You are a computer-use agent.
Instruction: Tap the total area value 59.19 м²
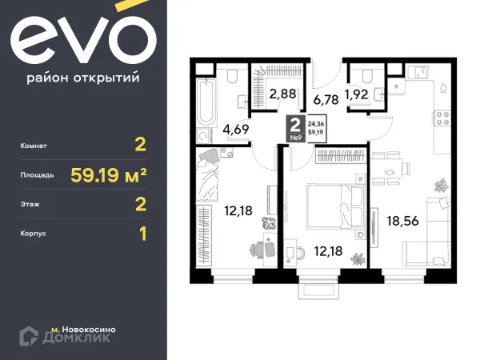(111, 174)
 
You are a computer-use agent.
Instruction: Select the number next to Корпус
(142, 234)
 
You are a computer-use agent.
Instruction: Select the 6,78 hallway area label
(326, 100)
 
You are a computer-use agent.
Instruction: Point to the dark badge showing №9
(294, 128)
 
